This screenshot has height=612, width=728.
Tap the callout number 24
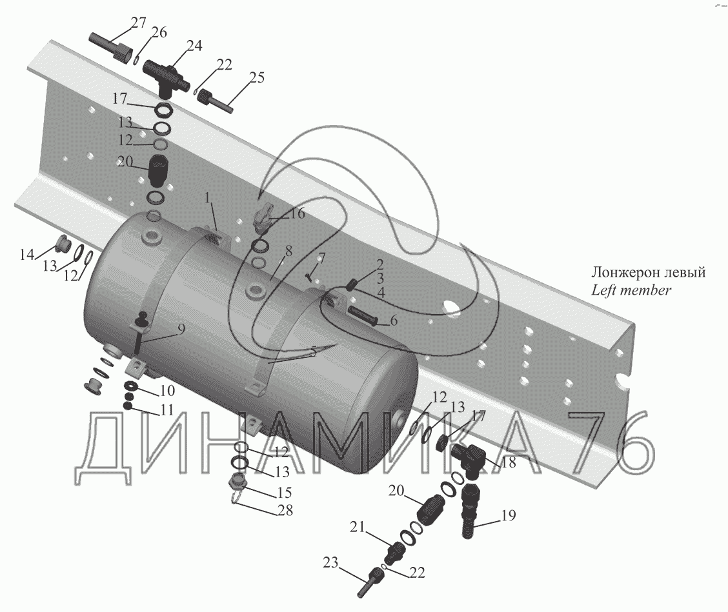194,46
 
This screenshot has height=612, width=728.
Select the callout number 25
256,79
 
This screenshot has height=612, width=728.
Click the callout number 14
26,255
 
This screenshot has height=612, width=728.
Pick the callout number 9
181,329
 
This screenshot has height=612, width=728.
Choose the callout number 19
507,516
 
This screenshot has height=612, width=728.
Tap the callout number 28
285,511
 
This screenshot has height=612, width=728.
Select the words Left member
631,290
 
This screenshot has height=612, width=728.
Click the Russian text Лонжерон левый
648,273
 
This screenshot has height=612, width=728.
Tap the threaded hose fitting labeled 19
471,509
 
